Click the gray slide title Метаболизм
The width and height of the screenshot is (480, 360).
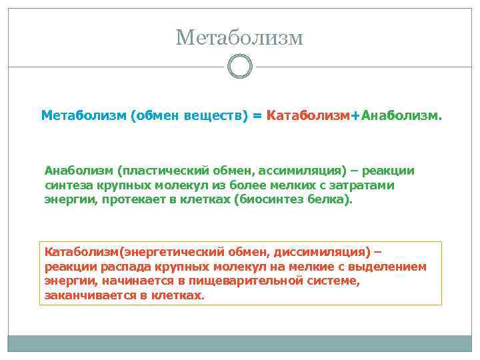click(239, 37)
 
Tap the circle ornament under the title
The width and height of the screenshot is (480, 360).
click(239, 67)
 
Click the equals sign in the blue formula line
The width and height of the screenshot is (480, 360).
click(257, 116)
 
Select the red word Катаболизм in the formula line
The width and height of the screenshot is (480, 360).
click(307, 116)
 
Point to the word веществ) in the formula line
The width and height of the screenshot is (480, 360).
click(218, 116)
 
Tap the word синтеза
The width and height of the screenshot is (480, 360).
click(67, 185)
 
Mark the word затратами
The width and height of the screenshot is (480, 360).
click(363, 185)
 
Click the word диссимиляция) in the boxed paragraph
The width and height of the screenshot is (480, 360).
click(327, 252)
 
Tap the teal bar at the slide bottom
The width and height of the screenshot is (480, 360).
click(239, 343)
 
